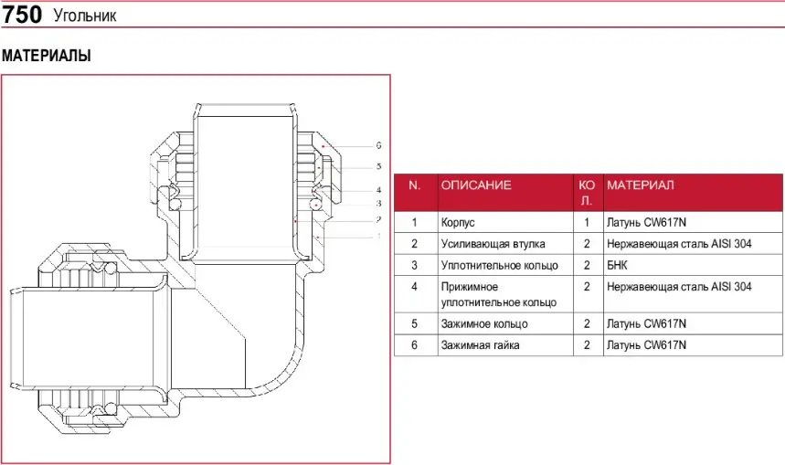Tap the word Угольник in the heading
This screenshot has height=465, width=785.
tap(85, 16)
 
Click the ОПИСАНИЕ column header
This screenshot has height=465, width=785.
tap(476, 185)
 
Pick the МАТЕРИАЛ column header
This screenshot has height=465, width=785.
tap(641, 185)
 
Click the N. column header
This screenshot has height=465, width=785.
tap(414, 185)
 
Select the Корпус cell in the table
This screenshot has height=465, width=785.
tap(458, 222)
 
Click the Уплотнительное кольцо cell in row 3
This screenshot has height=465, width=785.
tap(498, 266)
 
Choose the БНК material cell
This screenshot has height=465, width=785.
tap(619, 266)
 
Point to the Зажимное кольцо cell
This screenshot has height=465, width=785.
tap(484, 323)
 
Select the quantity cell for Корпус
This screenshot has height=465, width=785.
tap(587, 222)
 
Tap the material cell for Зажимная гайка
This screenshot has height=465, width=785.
tap(646, 345)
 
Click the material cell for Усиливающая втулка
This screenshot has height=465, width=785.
tap(679, 244)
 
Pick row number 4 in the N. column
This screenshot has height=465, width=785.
tap(414, 287)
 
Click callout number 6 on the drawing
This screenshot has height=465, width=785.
tap(377, 145)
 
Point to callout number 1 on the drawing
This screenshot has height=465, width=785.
tap(377, 236)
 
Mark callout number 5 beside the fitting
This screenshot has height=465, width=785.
tap(377, 167)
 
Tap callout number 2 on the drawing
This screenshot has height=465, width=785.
tap(377, 219)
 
